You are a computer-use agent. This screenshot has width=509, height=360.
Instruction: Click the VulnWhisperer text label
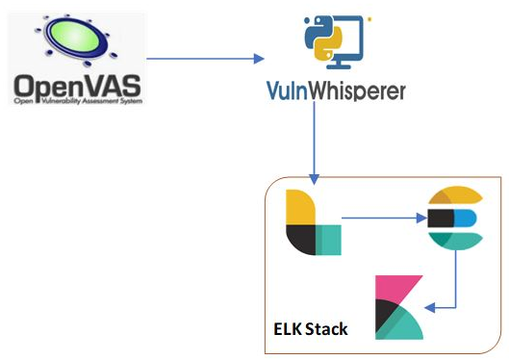pos(336,91)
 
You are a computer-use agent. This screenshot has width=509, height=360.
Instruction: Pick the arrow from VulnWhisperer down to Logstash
pos(314,144)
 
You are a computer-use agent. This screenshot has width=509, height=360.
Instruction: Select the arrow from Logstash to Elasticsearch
pos(380,218)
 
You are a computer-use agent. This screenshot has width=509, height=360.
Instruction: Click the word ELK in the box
pos(289,329)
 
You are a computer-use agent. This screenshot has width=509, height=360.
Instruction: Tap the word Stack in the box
pos(327,329)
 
